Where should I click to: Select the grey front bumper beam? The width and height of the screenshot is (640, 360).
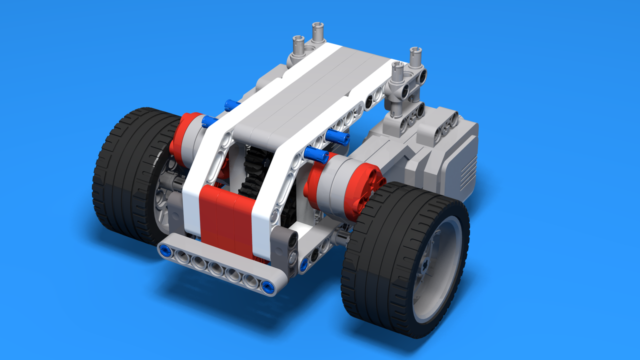[x=215, y=267]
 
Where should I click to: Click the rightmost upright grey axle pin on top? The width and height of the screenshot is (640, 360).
[x=415, y=57]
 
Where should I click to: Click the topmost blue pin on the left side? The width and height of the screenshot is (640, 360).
[x=231, y=105]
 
